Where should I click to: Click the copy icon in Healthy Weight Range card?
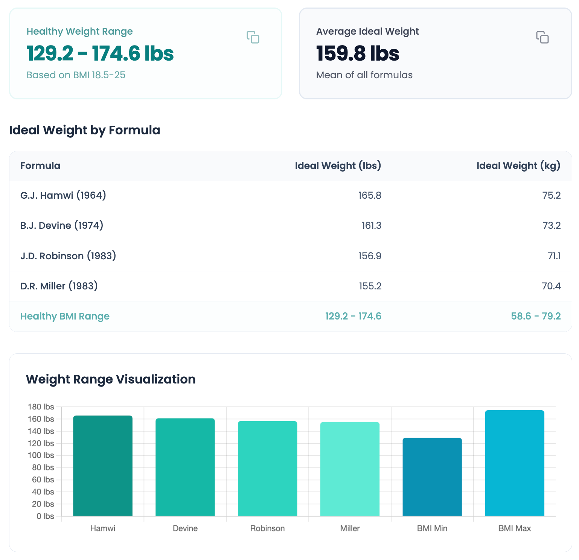pyautogui.click(x=253, y=37)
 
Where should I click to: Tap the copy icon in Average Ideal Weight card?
pyautogui.click(x=542, y=37)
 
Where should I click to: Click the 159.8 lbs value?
pyautogui.click(x=357, y=53)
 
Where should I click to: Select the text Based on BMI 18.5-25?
pyautogui.click(x=76, y=75)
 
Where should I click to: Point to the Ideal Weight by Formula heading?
pyautogui.click(x=84, y=130)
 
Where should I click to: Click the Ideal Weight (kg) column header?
pyautogui.click(x=518, y=166)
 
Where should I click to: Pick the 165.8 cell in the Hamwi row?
pyautogui.click(x=369, y=195)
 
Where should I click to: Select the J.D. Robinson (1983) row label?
pyautogui.click(x=68, y=256)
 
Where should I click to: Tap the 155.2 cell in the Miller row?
pyautogui.click(x=370, y=286)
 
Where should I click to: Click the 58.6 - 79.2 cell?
pyautogui.click(x=535, y=316)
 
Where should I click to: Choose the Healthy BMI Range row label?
pyautogui.click(x=65, y=316)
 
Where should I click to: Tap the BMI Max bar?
pyautogui.click(x=514, y=463)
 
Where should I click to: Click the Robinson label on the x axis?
pyautogui.click(x=267, y=528)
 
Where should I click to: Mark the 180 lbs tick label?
pyautogui.click(x=41, y=407)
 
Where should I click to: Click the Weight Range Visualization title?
pyautogui.click(x=111, y=379)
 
